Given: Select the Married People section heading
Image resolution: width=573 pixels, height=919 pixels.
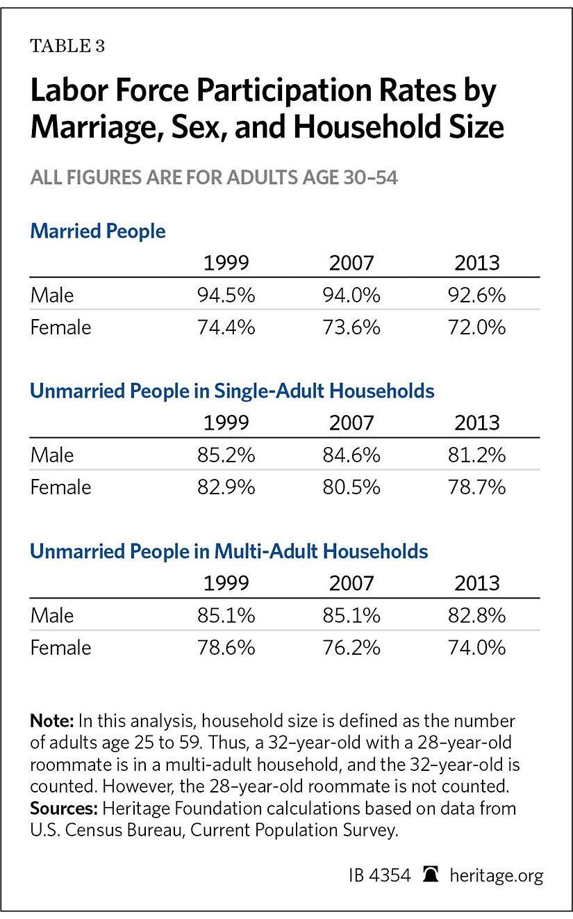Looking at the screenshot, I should [98, 231].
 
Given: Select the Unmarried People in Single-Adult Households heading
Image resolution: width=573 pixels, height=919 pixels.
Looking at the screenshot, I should [232, 391].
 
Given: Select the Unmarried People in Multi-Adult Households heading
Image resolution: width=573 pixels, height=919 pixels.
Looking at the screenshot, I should [229, 551].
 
